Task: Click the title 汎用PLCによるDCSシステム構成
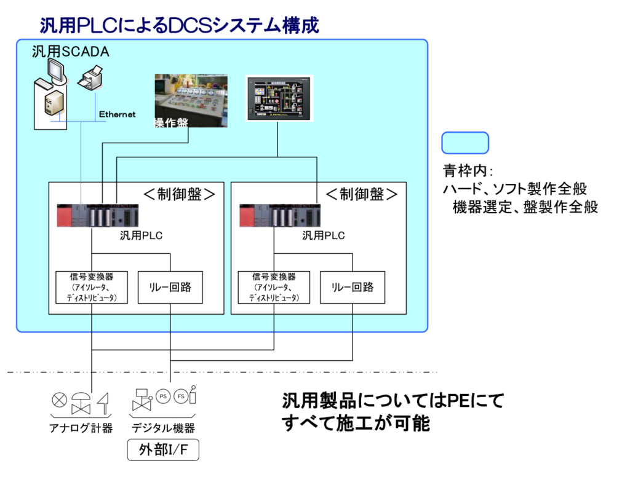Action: (x=179, y=25)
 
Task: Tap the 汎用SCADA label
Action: (x=71, y=52)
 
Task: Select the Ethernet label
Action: (x=118, y=114)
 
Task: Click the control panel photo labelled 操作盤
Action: (x=191, y=101)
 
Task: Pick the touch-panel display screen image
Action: (x=279, y=98)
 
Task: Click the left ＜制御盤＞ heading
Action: (x=179, y=194)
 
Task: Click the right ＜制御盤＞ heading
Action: (x=362, y=194)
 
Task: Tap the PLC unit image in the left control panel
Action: (x=99, y=215)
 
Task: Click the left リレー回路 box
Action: (x=170, y=287)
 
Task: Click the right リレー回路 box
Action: (x=353, y=287)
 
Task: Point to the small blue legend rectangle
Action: (x=465, y=143)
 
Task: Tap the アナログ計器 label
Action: (x=81, y=428)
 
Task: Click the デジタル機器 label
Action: (x=163, y=428)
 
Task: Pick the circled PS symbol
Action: (x=164, y=396)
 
